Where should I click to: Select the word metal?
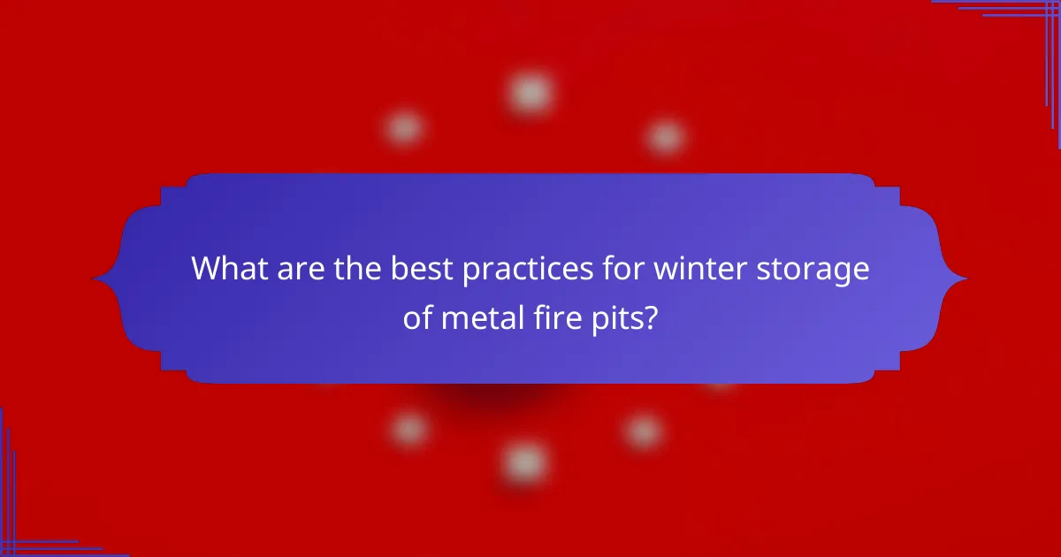(x=483, y=317)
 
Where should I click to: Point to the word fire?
(x=557, y=317)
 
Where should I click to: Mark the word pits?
(x=619, y=318)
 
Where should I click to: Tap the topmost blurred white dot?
(x=530, y=92)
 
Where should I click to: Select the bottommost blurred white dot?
(x=525, y=461)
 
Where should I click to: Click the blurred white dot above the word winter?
(x=665, y=137)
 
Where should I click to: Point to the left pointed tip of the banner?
(x=95, y=279)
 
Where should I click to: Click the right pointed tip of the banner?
(x=966, y=279)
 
